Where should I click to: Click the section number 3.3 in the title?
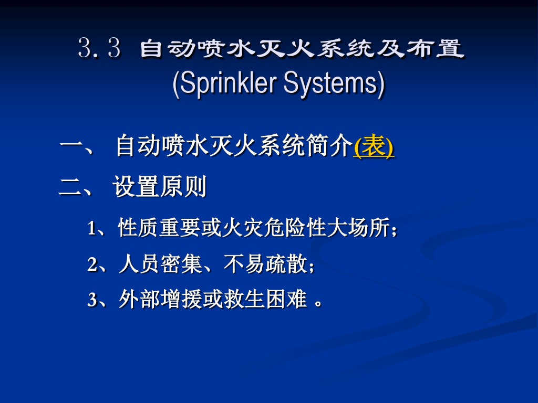(x=99, y=49)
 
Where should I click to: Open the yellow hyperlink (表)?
(x=374, y=146)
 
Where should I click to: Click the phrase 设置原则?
(x=159, y=187)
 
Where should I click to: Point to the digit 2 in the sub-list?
(x=92, y=265)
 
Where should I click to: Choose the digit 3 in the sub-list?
(x=92, y=300)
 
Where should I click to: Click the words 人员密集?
(x=161, y=264)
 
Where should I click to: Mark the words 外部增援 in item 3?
(x=161, y=300)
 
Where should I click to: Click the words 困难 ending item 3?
(x=286, y=300)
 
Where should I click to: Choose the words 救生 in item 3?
(x=244, y=300)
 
